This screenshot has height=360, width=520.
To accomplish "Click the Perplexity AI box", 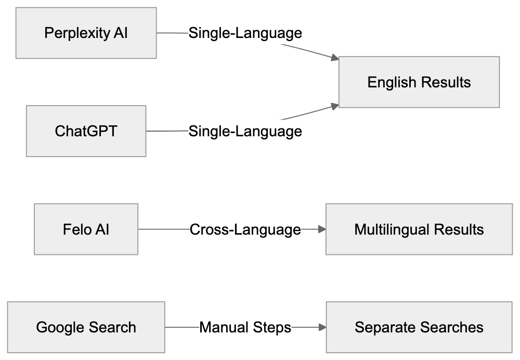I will click(x=86, y=33).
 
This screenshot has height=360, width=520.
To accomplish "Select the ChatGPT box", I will click(x=86, y=131).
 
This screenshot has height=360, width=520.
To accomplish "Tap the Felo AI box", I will click(x=86, y=229).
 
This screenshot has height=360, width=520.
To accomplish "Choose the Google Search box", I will click(x=86, y=327).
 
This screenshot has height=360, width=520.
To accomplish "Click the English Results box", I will click(x=419, y=82).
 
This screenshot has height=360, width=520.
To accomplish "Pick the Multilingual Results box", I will click(x=419, y=229).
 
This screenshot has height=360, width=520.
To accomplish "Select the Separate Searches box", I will click(x=419, y=327).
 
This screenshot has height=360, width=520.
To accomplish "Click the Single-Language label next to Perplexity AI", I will click(x=245, y=33).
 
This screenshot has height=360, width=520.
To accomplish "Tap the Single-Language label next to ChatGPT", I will click(x=245, y=131).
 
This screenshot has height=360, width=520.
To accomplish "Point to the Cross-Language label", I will click(x=245, y=229).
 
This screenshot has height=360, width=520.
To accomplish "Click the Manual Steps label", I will click(x=245, y=327).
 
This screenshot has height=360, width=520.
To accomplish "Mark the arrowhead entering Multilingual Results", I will click(x=321, y=229).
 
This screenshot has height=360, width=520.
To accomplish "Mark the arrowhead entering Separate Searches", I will click(x=322, y=327).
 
